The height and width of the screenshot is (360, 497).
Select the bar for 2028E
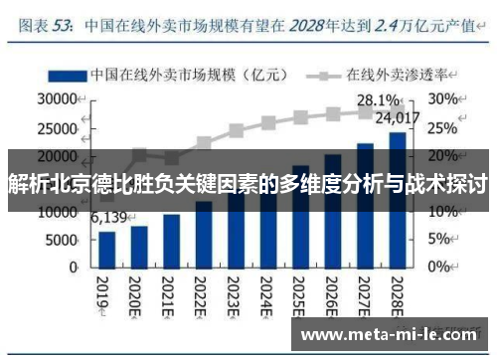click(397, 200)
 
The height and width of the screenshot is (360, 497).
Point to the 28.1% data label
click(379, 99)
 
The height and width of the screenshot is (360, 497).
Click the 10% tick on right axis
click(441, 212)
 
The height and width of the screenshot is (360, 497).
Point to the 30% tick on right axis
click(441, 99)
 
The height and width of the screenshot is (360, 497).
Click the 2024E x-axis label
click(268, 294)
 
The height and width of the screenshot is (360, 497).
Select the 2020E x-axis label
click(140, 294)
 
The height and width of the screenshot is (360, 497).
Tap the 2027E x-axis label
click(365, 294)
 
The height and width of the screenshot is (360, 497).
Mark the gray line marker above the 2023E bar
click(236, 130)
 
